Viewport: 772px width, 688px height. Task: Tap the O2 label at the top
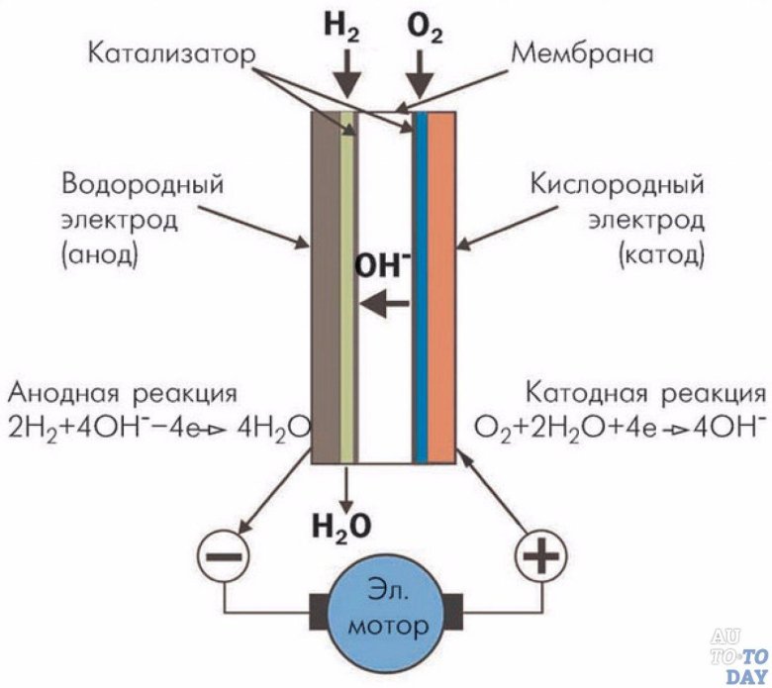click(425, 28)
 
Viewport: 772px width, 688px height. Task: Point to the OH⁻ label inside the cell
click(381, 265)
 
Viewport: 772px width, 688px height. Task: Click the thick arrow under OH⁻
click(383, 306)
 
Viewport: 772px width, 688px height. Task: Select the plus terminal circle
click(539, 560)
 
